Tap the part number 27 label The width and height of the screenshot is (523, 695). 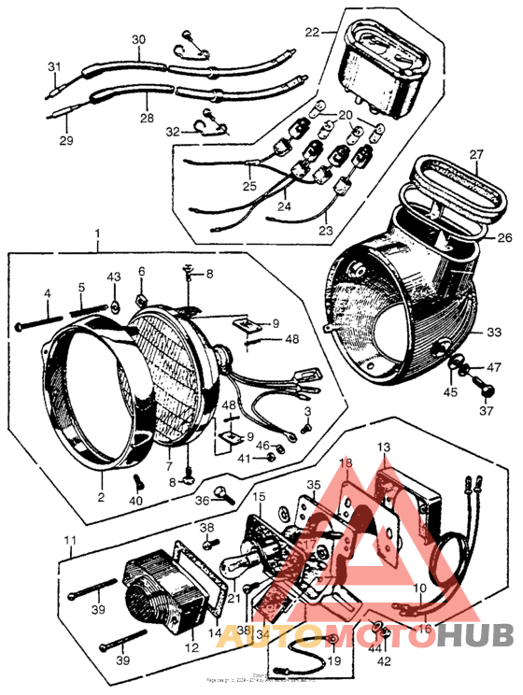click(476, 154)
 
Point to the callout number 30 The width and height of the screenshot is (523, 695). click(139, 40)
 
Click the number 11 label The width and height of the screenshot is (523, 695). click(69, 542)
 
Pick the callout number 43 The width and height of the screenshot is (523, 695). click(114, 277)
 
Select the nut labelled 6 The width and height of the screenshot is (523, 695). click(142, 301)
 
